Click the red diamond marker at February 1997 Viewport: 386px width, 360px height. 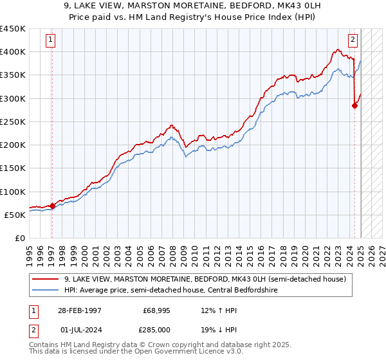[52, 206]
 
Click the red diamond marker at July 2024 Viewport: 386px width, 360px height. [354, 106]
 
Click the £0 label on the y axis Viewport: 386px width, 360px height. [21, 239]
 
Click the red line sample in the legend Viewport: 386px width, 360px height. [45, 280]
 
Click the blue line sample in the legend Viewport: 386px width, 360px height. [45, 290]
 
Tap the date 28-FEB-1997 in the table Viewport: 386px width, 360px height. [80, 310]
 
